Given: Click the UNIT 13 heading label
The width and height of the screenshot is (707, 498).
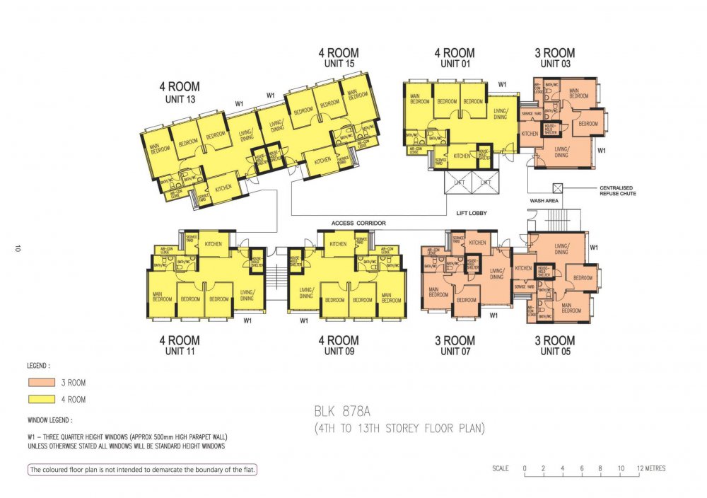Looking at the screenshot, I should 180,99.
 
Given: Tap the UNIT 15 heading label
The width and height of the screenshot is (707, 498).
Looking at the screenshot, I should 338,64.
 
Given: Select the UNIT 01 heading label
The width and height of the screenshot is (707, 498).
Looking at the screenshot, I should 455,64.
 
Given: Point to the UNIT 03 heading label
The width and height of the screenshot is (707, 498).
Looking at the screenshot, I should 554,64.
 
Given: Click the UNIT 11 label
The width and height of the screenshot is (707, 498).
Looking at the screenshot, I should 180,351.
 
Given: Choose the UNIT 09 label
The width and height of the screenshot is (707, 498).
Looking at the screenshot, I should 338,351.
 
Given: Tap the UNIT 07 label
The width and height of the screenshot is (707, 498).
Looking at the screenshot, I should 455,351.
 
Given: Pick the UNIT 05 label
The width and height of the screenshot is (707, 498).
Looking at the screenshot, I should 554,351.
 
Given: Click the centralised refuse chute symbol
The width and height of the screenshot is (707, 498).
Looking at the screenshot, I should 558,188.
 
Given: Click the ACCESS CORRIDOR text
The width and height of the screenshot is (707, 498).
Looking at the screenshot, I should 359,224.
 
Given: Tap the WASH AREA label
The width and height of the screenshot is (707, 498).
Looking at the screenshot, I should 544,201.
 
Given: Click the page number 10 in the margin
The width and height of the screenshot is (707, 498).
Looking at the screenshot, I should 15,248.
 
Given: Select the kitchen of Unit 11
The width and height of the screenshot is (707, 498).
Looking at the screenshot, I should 213,244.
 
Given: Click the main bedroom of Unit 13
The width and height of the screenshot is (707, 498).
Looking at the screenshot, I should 159,149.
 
